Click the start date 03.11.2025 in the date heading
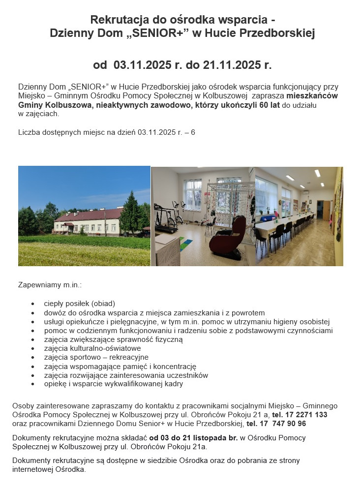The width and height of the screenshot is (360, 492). [140, 65]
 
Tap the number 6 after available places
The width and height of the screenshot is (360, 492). [193, 132]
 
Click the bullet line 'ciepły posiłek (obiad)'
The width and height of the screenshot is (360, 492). [79, 303]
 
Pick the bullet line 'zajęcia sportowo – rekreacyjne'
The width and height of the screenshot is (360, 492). [96, 357]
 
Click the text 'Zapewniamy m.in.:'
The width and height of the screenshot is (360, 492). [49, 285]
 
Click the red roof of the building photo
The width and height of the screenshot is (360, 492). [89, 215]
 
